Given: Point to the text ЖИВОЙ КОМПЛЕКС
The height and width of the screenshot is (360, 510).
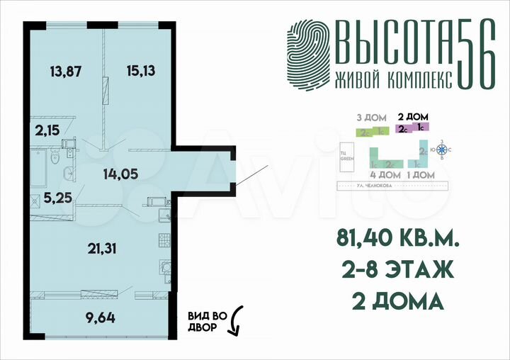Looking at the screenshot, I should pyautogui.click(x=392, y=80).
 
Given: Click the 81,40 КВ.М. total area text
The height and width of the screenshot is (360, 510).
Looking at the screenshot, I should pyautogui.click(x=393, y=241).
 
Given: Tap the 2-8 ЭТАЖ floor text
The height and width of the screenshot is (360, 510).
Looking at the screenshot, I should pyautogui.click(x=394, y=271).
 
